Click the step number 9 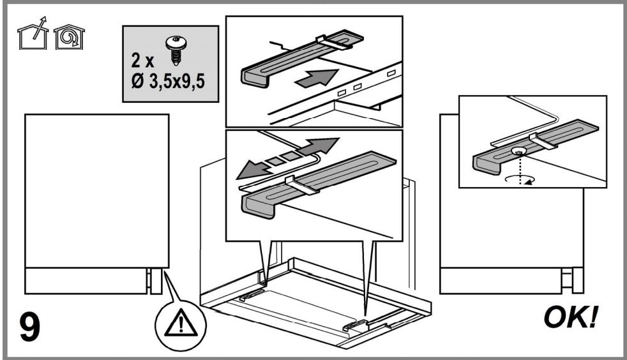tap(29, 327)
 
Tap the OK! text tap(571, 317)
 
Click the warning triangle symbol tap(181, 322)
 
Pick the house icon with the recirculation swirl tap(69, 37)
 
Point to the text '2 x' tap(142, 61)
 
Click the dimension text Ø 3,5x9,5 tap(167, 82)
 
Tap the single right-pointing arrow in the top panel tap(316, 77)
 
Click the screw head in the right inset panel tap(518, 151)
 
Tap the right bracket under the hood tap(355, 326)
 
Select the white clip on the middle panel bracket tap(302, 185)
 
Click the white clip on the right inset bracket tap(543, 141)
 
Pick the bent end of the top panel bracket tap(255, 78)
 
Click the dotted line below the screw tap(520, 169)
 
